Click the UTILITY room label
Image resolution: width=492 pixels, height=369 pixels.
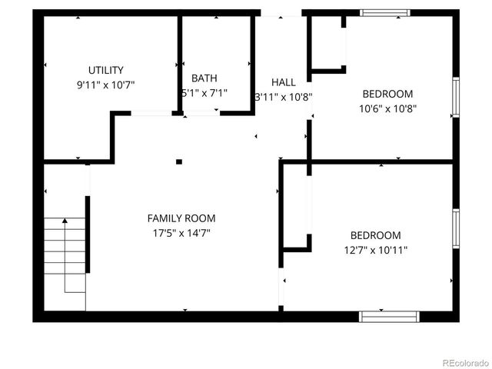pyautogui.click(x=106, y=70)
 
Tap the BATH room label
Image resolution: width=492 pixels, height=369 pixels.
pyautogui.click(x=204, y=78)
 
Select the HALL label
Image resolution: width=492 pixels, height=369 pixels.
pyautogui.click(x=283, y=82)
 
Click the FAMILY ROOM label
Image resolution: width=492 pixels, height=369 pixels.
pyautogui.click(x=181, y=218)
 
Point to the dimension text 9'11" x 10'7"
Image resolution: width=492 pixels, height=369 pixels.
pyautogui.click(x=106, y=85)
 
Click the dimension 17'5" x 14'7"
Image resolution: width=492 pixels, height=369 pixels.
pyautogui.click(x=181, y=232)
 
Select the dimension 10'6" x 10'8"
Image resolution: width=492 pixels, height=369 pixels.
pyautogui.click(x=387, y=108)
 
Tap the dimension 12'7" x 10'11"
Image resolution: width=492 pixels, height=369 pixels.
pyautogui.click(x=375, y=250)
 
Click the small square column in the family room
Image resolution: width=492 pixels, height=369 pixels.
pyautogui.click(x=179, y=161)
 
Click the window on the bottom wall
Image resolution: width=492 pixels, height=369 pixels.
pyautogui.click(x=389, y=316)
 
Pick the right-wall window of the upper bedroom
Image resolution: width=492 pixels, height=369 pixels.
pyautogui.click(x=455, y=98)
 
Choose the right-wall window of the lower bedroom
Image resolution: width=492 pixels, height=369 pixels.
pyautogui.click(x=455, y=229)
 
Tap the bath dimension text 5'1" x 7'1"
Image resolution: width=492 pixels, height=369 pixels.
pyautogui.click(x=204, y=94)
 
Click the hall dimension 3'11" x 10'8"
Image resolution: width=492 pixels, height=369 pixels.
pyautogui.click(x=283, y=97)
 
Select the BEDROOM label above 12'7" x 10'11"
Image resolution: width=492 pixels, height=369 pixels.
pyautogui.click(x=375, y=235)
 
